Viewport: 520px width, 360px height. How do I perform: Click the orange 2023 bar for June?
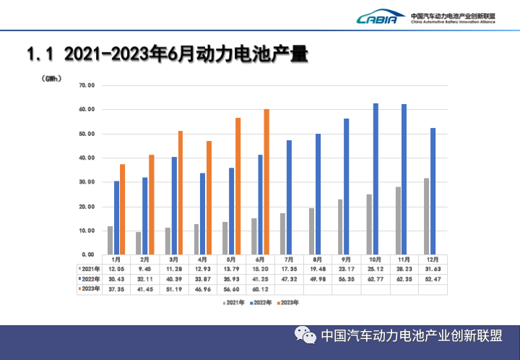[266, 181]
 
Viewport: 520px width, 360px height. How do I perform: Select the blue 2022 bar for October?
[376, 179]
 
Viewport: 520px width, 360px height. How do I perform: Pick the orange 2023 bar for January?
[123, 209]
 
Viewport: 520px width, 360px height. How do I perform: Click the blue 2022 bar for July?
[289, 197]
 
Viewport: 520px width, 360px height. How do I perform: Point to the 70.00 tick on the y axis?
[87, 85]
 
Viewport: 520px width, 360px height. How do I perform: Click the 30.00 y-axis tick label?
[87, 182]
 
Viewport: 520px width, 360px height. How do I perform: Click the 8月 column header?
[317, 259]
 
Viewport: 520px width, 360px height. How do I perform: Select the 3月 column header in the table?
[173, 259]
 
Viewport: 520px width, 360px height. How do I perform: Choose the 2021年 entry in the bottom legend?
[234, 303]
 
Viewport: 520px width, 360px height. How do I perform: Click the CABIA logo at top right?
[376, 17]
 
